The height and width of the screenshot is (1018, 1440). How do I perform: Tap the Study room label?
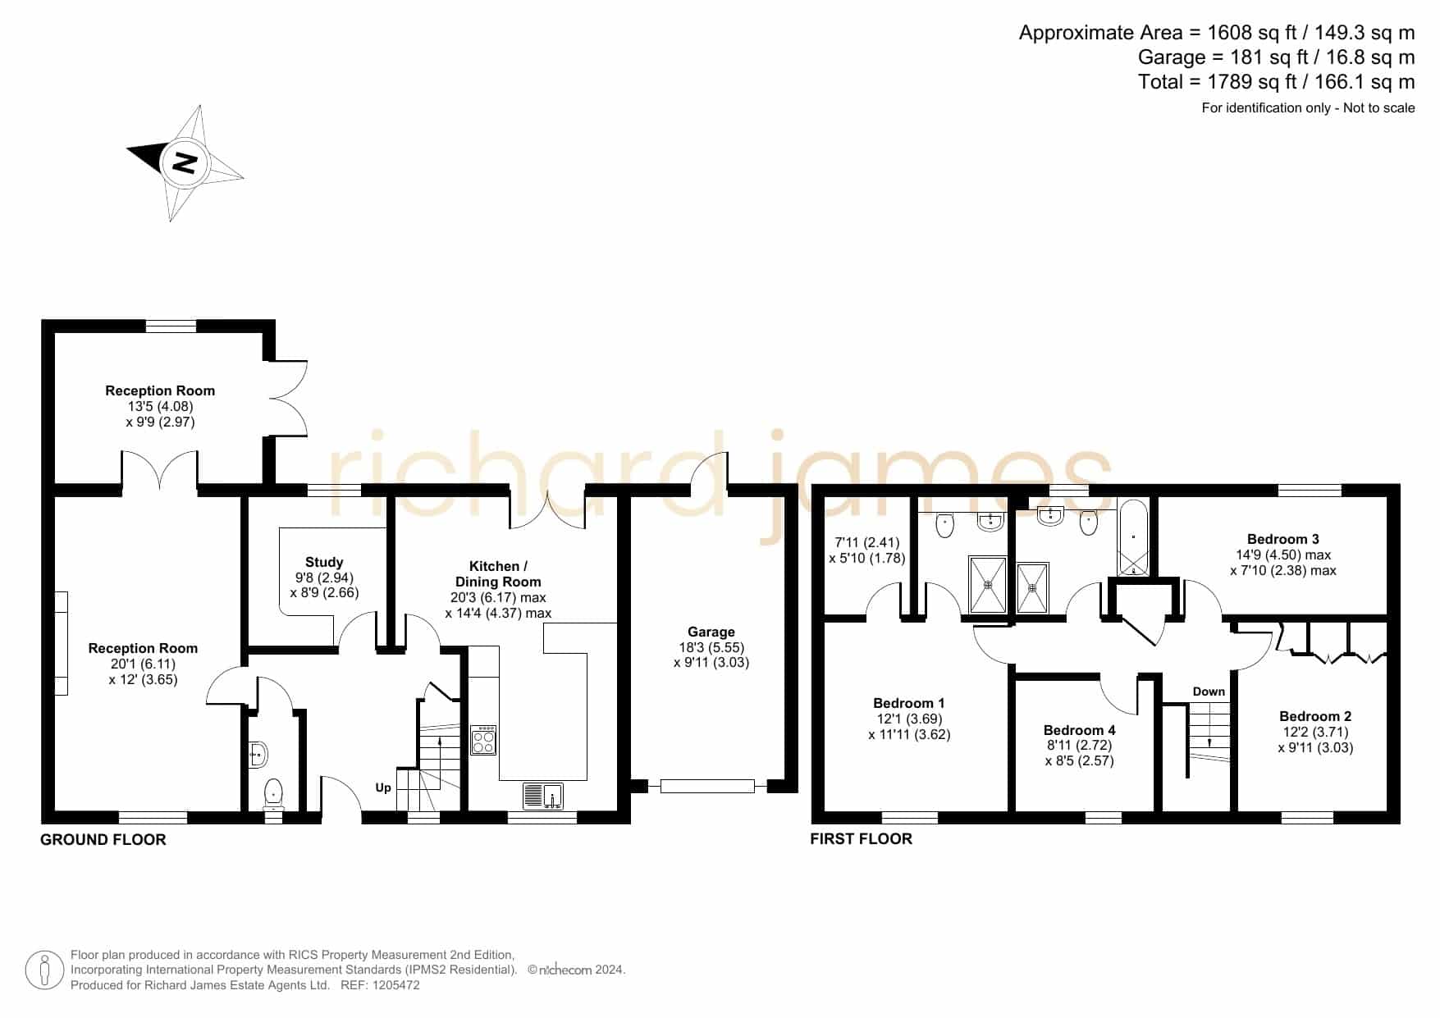pyautogui.click(x=324, y=562)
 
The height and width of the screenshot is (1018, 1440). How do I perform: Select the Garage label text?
pyautogui.click(x=711, y=632)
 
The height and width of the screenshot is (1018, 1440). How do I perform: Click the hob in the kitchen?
pyautogui.click(x=483, y=740)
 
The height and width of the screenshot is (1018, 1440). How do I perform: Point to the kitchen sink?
pyautogui.click(x=543, y=796)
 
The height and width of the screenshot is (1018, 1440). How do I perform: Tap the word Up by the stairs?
pyautogui.click(x=383, y=788)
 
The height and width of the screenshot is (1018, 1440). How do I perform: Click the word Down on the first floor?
pyautogui.click(x=1209, y=692)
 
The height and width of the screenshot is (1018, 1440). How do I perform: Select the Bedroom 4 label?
pyautogui.click(x=1079, y=730)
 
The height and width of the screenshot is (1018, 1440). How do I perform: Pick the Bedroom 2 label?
pyautogui.click(x=1315, y=716)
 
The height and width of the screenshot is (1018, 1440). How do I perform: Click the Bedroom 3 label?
pyautogui.click(x=1283, y=539)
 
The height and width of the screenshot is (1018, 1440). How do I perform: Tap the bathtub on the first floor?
pyautogui.click(x=1134, y=536)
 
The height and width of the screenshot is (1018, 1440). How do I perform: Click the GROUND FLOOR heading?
pyautogui.click(x=103, y=839)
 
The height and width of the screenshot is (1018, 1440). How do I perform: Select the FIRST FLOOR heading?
pyautogui.click(x=861, y=838)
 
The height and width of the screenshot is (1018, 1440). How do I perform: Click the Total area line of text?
pyautogui.click(x=1277, y=82)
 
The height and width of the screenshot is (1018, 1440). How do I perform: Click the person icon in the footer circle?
pyautogui.click(x=45, y=970)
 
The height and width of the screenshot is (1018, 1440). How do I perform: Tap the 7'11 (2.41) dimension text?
pyautogui.click(x=867, y=542)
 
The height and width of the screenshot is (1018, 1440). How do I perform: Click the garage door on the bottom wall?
pyautogui.click(x=706, y=786)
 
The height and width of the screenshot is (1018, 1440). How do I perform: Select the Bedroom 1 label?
pyautogui.click(x=909, y=703)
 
